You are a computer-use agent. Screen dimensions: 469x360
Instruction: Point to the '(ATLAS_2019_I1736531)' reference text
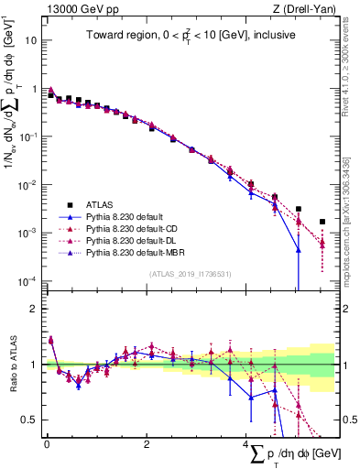pyautogui.click(x=190, y=273)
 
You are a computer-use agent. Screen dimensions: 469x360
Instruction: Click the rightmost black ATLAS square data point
pyautogui.click(x=322, y=222)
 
